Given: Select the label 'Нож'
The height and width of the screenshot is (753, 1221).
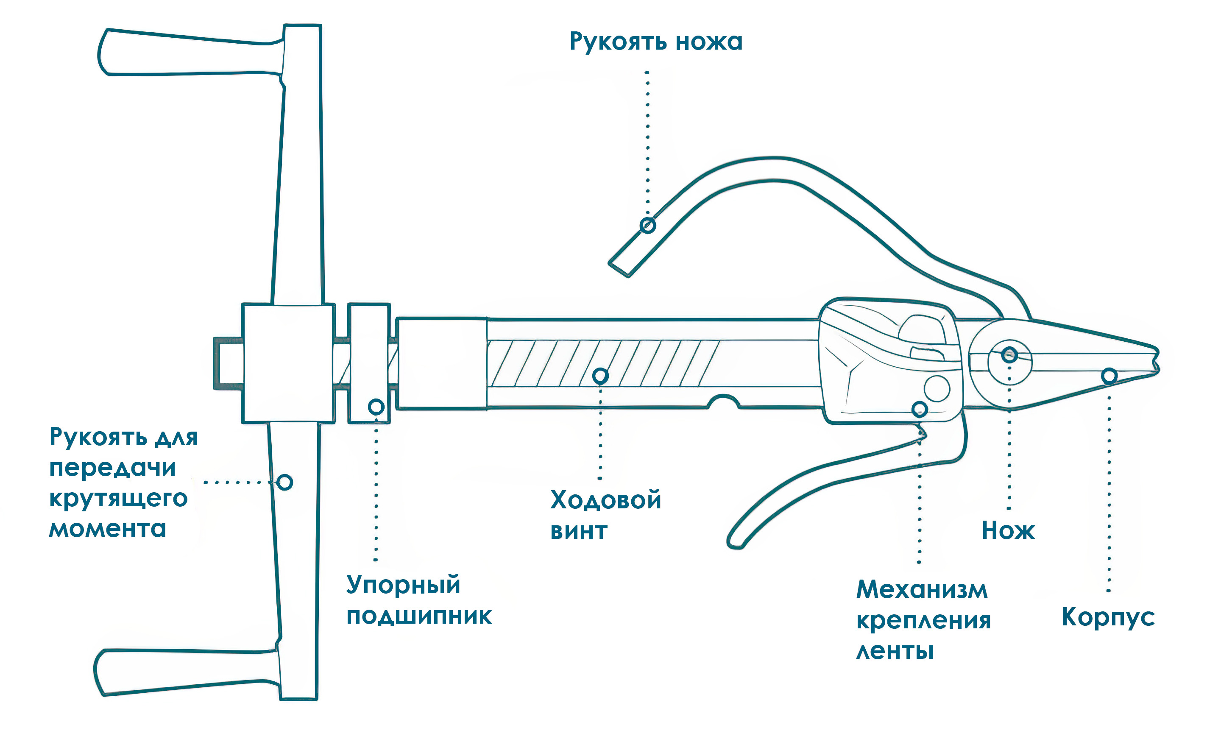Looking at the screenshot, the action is pos(1008,530).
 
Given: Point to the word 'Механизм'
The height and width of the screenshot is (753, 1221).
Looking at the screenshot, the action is pos(922,590).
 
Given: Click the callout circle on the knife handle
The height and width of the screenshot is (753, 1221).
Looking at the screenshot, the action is pos(647,226).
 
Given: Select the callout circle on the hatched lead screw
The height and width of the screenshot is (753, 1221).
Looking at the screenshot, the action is pos(601,376).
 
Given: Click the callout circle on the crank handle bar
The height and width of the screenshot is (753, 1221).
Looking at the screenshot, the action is pos(285,482).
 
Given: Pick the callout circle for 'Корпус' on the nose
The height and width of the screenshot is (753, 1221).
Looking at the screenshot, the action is pos(1109,376).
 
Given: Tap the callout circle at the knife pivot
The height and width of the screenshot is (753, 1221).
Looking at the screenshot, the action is pos(1009,355).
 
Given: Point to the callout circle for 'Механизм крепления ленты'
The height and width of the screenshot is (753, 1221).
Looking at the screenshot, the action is pos(920,410).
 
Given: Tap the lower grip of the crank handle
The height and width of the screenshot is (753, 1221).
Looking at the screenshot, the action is pos(187,672).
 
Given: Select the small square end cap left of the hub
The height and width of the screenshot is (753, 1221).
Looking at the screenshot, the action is pos(228,363).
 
